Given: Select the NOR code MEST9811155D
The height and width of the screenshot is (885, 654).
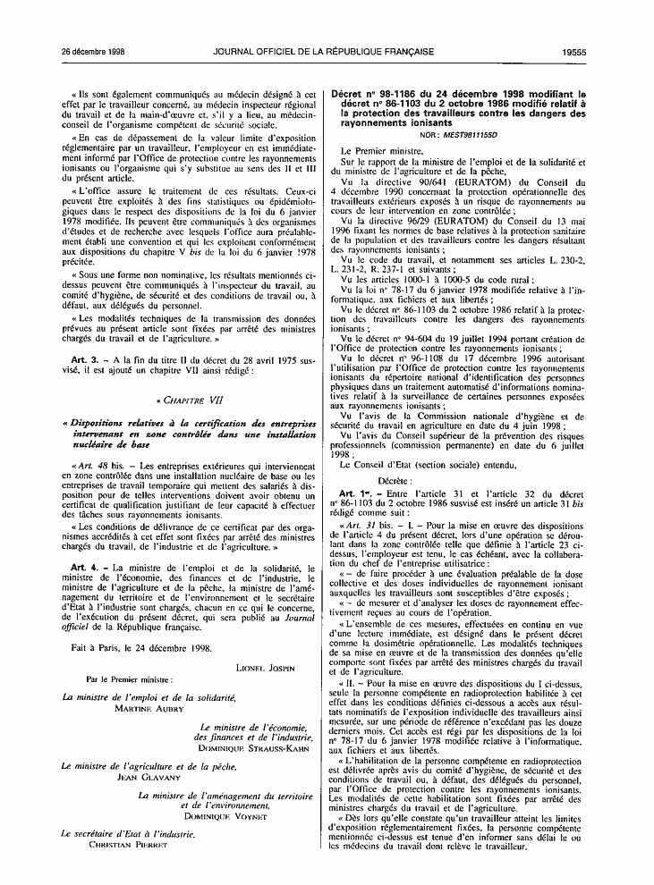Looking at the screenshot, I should pyautogui.click(x=479, y=133).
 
